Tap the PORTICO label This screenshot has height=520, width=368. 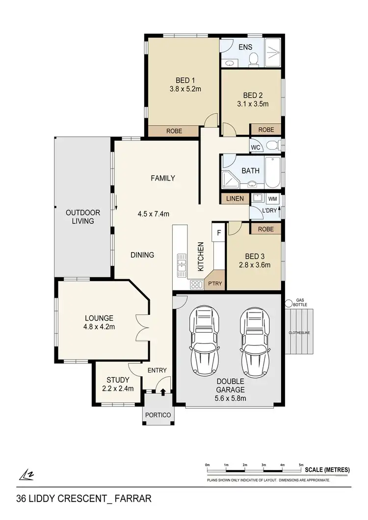pos(158,415)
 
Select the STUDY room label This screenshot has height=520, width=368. pos(118,380)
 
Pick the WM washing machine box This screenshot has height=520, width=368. pos(272,199)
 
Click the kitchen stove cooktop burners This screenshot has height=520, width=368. pos(196,284)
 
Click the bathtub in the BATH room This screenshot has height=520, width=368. pos(273,172)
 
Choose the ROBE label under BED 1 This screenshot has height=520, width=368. pos(174,131)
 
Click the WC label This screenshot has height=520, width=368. pos(255,147)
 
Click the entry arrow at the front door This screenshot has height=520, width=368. pos(163,391)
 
